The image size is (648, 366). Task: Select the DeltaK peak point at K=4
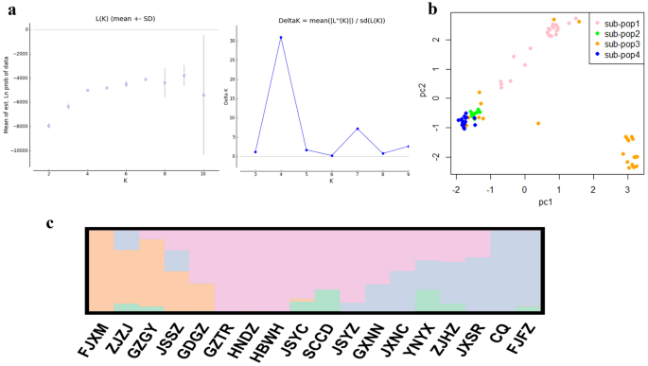coord(281,38)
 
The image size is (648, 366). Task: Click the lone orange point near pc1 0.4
coord(538,124)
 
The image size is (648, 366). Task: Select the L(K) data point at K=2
coord(49,126)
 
